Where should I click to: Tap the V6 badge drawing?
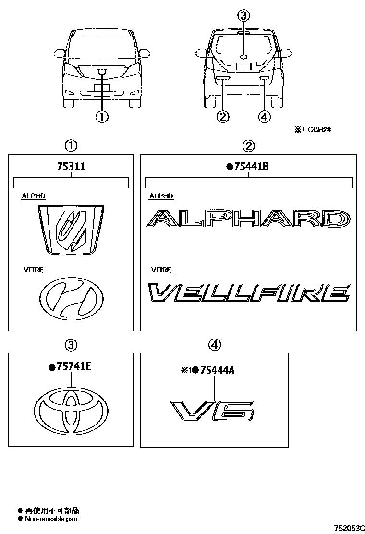point(213,409)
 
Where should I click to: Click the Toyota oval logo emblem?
point(71,408)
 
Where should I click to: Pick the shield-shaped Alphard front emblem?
point(71,228)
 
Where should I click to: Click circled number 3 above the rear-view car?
point(243,16)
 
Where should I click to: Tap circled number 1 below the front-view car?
point(102,116)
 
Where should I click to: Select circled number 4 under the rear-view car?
point(264,116)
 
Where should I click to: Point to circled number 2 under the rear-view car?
point(223,116)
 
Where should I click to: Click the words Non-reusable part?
point(51,519)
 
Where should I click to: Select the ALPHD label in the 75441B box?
point(161,196)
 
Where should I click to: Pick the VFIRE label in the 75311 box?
point(34,270)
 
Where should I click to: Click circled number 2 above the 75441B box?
point(248,145)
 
